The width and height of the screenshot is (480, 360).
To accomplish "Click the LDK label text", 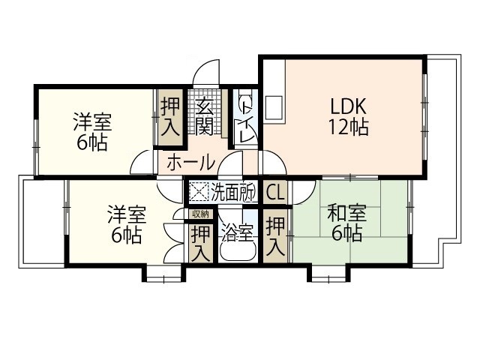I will tap(346, 105).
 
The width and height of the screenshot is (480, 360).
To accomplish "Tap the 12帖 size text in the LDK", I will tap(347, 127).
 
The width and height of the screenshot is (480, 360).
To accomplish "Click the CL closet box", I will tap(274, 192).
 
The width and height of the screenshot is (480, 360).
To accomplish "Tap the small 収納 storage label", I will tap(200, 214).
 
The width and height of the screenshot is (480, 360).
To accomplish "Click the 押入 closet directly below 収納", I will tap(200, 241).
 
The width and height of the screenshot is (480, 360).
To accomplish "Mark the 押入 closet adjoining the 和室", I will tap(276, 235).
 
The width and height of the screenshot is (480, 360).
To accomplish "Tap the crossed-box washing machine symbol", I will tap(198, 192).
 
